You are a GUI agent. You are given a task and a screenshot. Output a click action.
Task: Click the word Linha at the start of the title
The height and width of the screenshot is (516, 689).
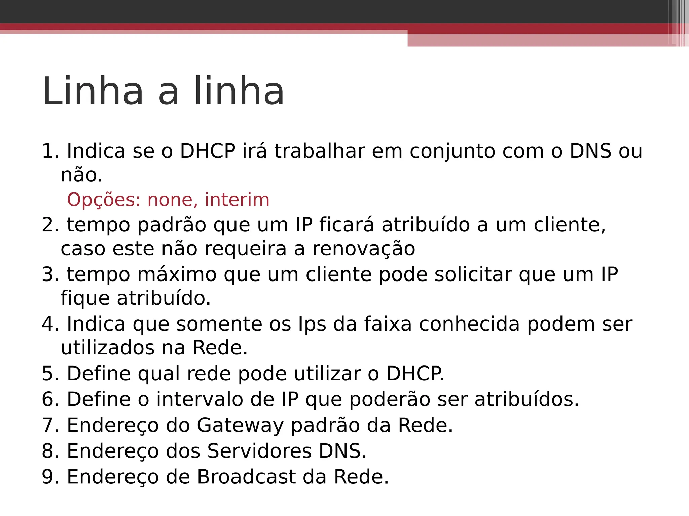tap(93, 91)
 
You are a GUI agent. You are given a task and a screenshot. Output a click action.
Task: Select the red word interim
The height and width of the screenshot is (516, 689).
tap(237, 200)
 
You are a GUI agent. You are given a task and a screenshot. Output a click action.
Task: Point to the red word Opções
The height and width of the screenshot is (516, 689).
tap(104, 200)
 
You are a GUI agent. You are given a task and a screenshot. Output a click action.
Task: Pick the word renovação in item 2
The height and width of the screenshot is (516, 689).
tap(364, 249)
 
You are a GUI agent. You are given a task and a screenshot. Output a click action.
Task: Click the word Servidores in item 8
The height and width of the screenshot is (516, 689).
tap(259, 451)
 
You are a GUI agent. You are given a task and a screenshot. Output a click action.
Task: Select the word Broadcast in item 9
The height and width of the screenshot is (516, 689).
tap(246, 477)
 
